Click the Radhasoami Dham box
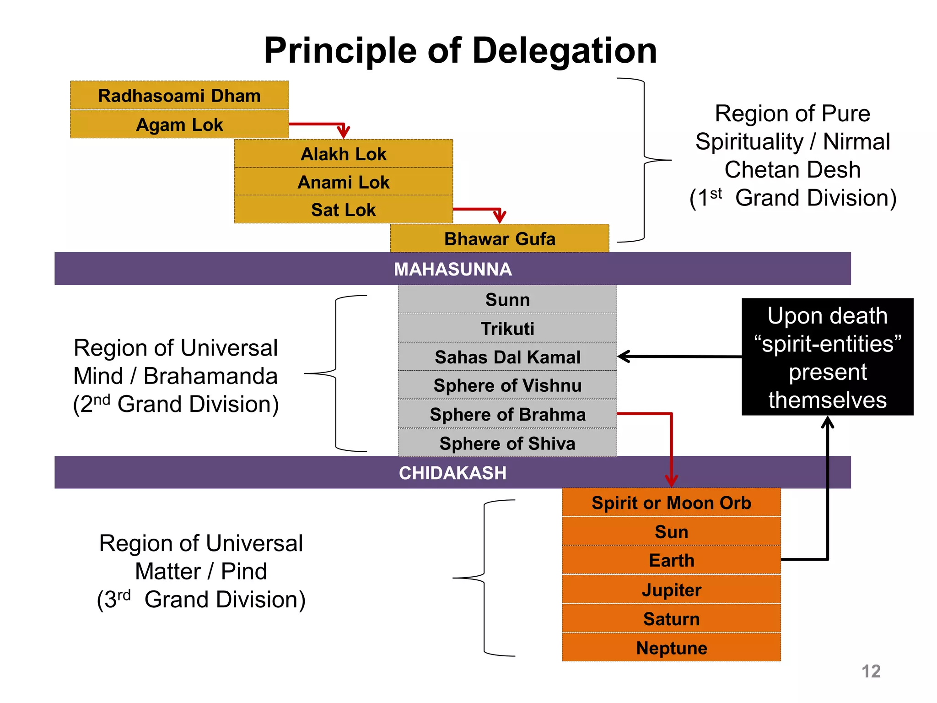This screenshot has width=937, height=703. click(x=179, y=96)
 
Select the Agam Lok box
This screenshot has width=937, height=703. click(x=179, y=124)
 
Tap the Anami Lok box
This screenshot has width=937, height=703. click(x=343, y=182)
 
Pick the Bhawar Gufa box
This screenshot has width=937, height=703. click(x=499, y=238)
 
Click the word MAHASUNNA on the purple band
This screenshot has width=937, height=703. click(x=452, y=269)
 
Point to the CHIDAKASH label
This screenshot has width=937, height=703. click(x=452, y=473)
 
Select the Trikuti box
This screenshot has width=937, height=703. click(x=507, y=328)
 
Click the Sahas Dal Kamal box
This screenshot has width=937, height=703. click(x=507, y=357)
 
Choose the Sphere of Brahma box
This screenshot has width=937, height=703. click(x=507, y=414)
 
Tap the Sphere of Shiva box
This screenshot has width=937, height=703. click(x=507, y=443)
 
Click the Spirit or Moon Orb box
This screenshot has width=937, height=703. click(x=671, y=503)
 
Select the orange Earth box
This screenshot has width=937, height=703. click(x=671, y=560)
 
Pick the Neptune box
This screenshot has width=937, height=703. click(x=671, y=648)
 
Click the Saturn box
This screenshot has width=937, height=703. click(x=671, y=618)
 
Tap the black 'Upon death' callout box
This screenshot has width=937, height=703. click(x=827, y=357)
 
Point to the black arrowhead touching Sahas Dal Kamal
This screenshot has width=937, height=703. click(x=623, y=356)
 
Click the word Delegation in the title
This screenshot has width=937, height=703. click(x=564, y=50)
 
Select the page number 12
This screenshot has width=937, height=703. click(x=871, y=671)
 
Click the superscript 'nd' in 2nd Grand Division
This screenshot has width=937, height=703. click(x=102, y=399)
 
